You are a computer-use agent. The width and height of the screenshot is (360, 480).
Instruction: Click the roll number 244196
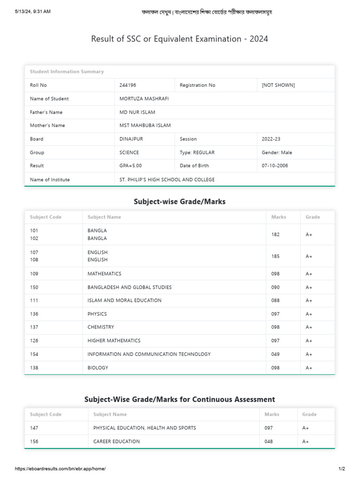coord(128,85)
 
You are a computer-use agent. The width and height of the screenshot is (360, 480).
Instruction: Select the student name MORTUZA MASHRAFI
coord(144,99)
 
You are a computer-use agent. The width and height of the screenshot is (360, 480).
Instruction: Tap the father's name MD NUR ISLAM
coord(137,112)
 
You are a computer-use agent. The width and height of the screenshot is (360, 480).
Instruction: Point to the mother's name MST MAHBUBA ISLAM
coord(145,126)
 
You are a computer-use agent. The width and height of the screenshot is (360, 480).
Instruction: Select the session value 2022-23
coord(271,139)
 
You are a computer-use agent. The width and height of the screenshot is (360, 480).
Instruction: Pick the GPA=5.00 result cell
coord(131,166)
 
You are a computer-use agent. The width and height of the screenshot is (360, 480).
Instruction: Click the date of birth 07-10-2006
coord(275,166)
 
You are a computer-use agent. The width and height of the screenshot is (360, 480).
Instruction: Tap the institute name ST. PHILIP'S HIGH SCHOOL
coord(167,180)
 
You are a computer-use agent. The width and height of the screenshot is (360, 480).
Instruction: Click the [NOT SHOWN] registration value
coord(278,85)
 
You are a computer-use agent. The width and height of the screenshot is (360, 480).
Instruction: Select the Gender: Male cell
coord(277,152)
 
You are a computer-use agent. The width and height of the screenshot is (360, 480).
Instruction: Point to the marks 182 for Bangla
coord(276,234)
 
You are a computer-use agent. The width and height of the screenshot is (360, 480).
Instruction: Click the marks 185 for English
coord(276,256)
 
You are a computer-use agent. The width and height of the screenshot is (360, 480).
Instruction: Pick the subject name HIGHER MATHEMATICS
coord(114,341)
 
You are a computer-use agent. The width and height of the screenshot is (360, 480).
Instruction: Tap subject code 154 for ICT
coord(34,354)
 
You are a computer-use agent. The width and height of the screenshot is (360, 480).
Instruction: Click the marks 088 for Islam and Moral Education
coord(276,300)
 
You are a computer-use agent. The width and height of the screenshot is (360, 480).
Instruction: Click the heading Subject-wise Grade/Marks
coord(180,202)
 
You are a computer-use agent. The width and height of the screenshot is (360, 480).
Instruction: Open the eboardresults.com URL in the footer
coord(60,469)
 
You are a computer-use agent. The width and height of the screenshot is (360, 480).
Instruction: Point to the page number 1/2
coord(342,469)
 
